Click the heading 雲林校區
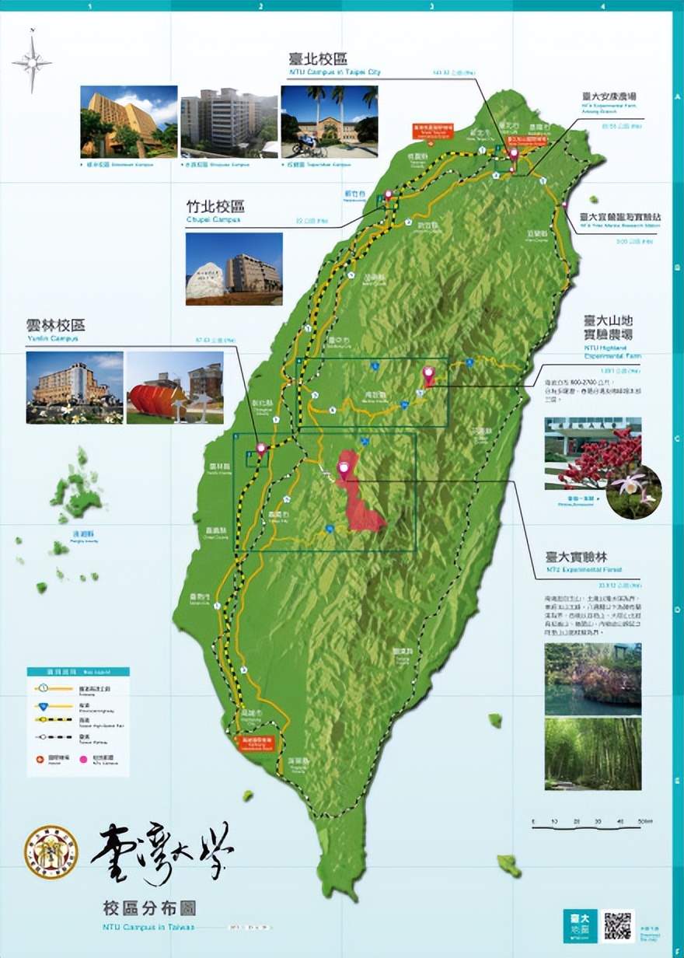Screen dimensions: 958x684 click(x=55, y=325)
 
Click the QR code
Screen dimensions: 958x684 click(x=617, y=925)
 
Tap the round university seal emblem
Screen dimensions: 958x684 click(x=51, y=851)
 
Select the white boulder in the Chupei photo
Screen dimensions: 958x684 click(x=205, y=281)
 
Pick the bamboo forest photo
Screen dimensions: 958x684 click(x=592, y=753)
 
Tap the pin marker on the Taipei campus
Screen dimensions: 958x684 click(x=513, y=152)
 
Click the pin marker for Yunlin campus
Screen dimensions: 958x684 click(x=261, y=449)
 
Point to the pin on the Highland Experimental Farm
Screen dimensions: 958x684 click(x=428, y=375)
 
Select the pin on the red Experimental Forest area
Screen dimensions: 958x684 click(x=344, y=469)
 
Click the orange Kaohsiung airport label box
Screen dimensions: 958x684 click(x=252, y=743)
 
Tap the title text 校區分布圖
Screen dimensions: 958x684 click(x=148, y=907)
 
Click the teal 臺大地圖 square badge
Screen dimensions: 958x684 click(x=579, y=925)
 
